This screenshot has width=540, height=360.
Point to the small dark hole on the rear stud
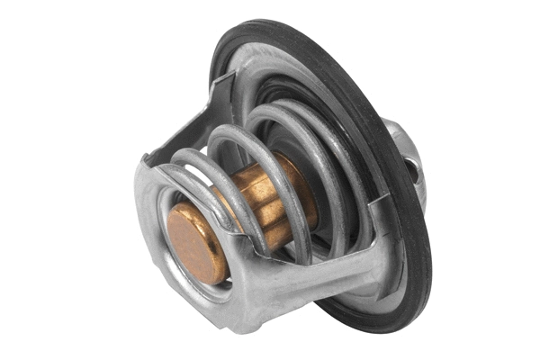412,167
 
